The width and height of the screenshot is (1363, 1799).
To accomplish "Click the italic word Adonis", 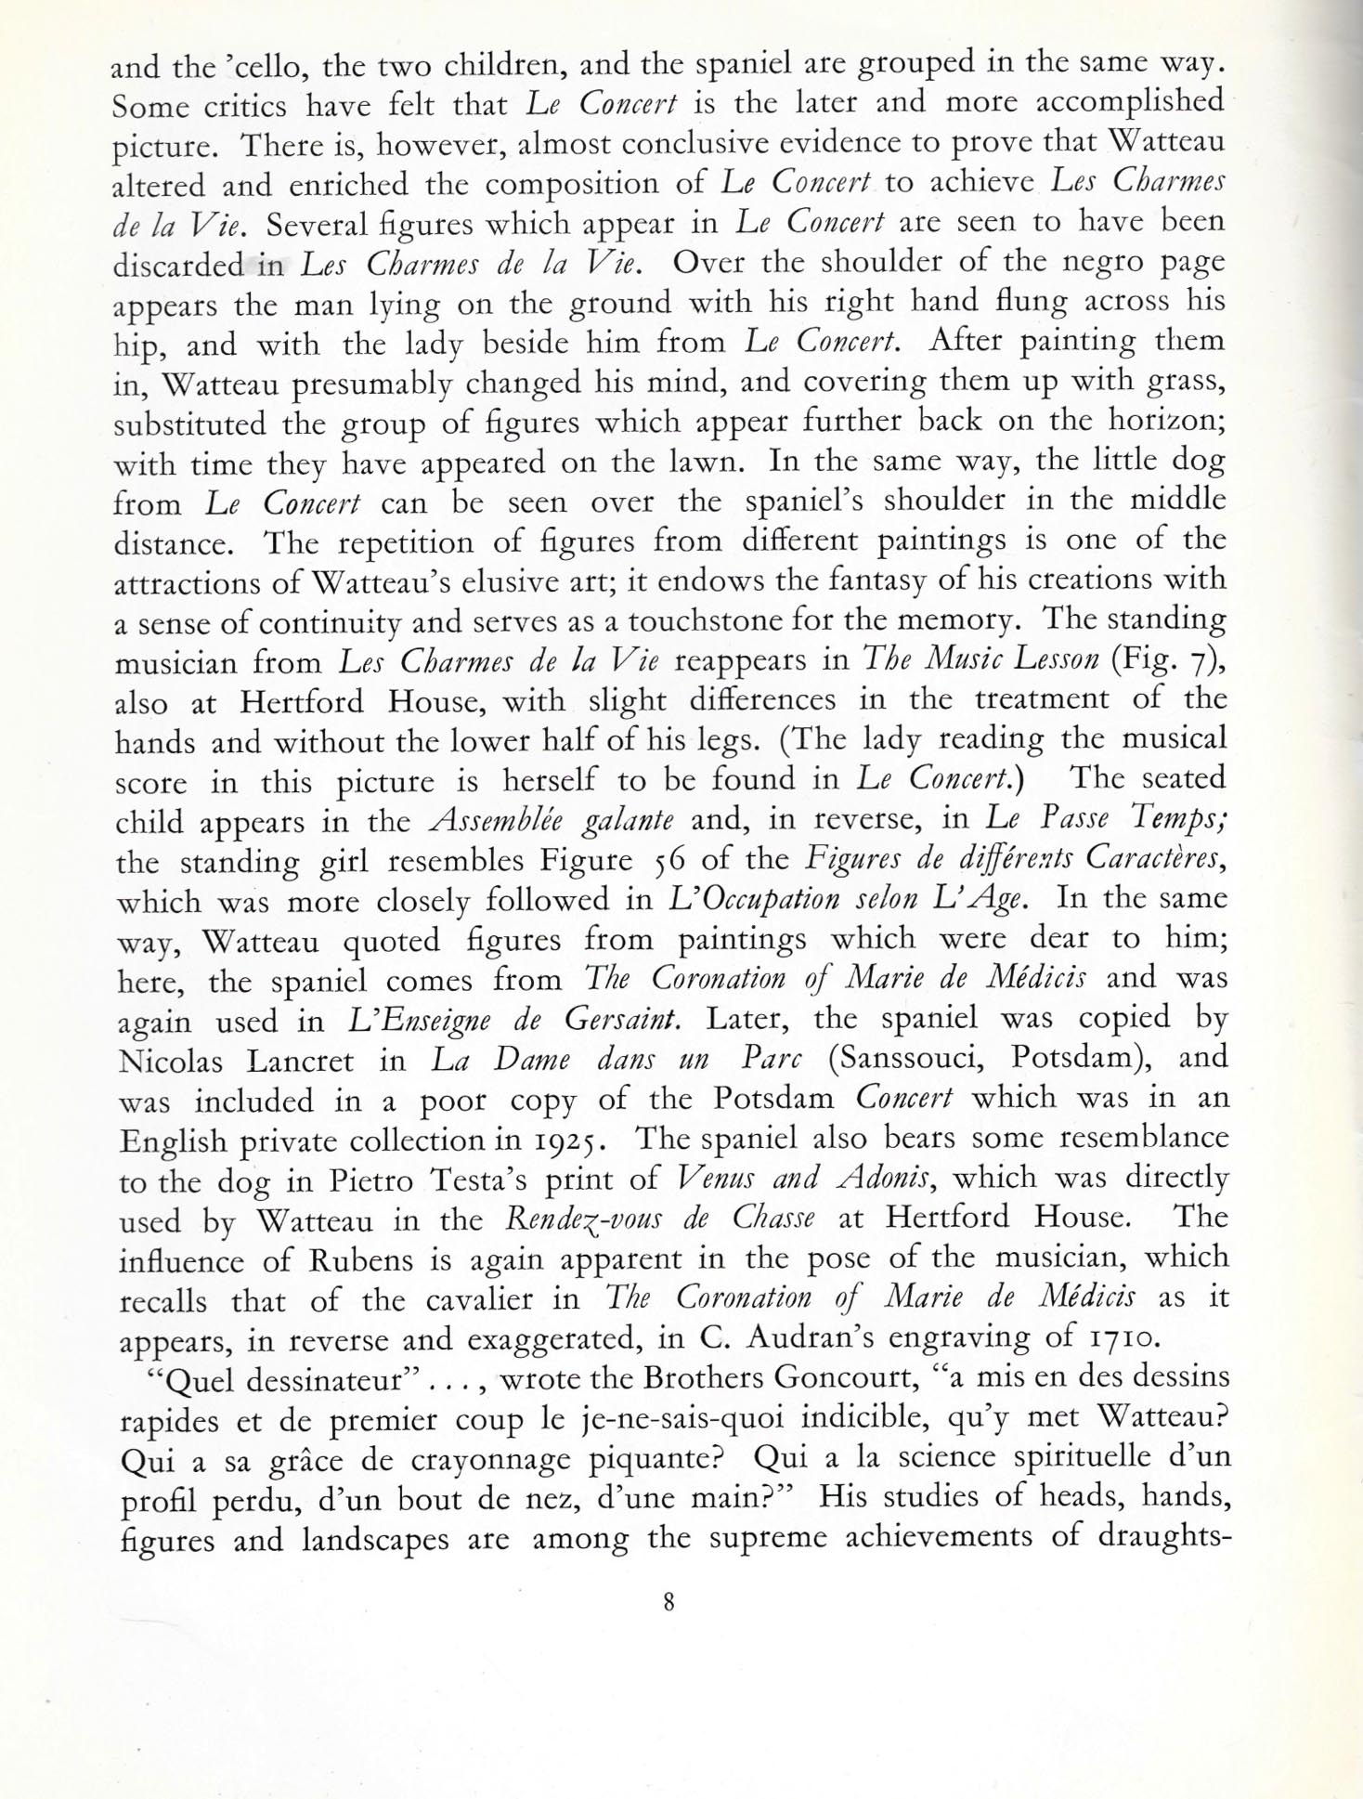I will point(877,1180).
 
